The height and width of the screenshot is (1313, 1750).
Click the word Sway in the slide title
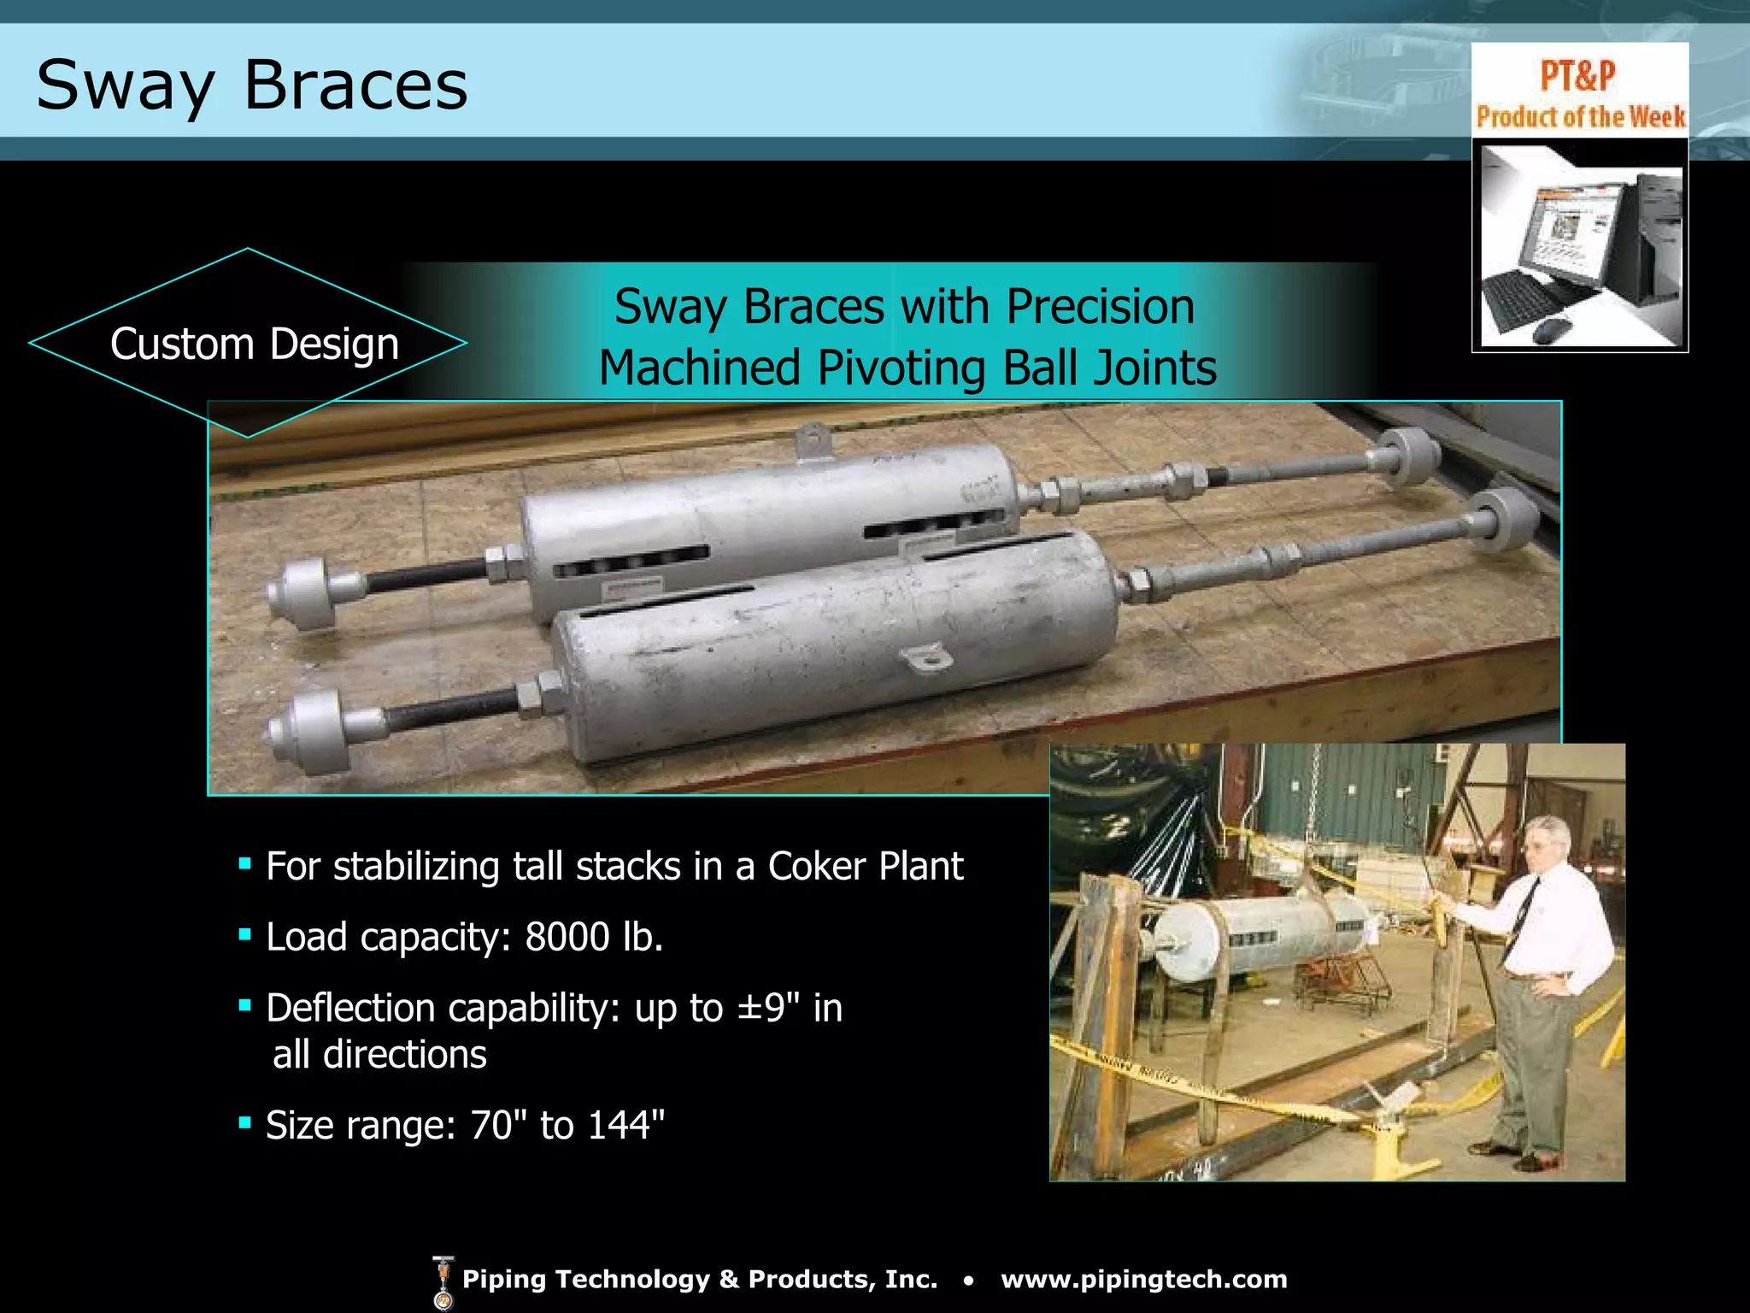click(125, 86)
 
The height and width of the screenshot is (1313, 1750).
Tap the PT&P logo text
click(1577, 75)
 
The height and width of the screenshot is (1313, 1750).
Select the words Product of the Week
click(1580, 116)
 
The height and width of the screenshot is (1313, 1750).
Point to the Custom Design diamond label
click(254, 344)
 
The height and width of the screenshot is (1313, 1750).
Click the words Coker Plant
click(865, 866)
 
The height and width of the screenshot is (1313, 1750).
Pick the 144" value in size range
click(625, 1125)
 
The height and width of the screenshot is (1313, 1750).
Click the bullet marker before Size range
click(244, 1122)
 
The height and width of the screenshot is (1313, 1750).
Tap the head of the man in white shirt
click(1547, 841)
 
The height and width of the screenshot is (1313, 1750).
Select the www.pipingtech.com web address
click(1143, 1280)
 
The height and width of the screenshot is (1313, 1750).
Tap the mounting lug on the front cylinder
click(925, 659)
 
